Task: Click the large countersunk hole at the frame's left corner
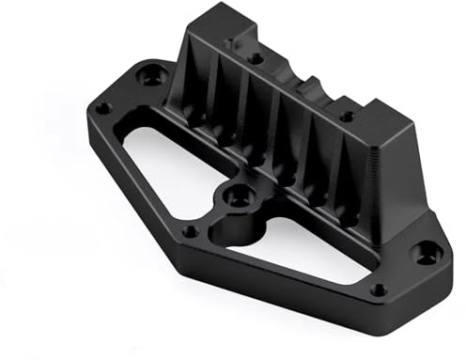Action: (x=150, y=74)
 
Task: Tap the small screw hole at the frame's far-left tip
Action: (x=105, y=108)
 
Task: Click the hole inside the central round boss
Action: (x=240, y=196)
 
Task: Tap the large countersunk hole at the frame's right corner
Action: (x=427, y=252)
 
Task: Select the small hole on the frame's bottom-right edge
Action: (x=377, y=290)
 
